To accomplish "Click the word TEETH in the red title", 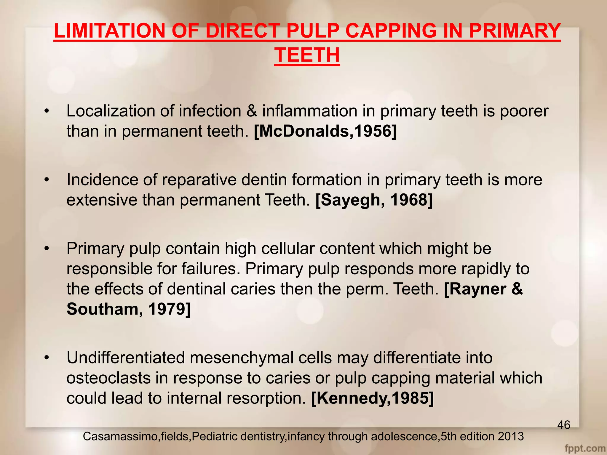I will (307, 55).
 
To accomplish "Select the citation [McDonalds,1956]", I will (325, 131).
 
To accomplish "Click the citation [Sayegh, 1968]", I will (374, 200).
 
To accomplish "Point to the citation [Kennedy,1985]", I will (372, 398).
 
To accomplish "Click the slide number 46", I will (563, 425).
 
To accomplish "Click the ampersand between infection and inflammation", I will (252, 111).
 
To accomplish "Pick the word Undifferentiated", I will (126, 358).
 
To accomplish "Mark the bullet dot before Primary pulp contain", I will (46, 249).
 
